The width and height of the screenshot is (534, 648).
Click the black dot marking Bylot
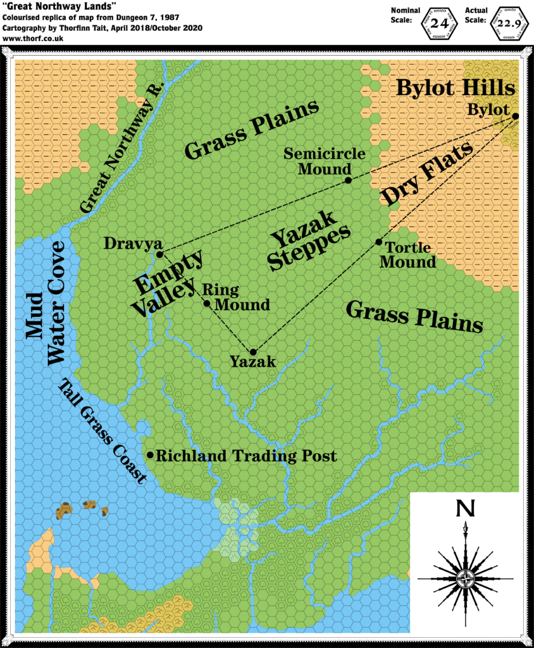click(516, 116)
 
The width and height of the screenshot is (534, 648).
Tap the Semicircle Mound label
click(316, 161)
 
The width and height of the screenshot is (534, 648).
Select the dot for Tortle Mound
click(378, 242)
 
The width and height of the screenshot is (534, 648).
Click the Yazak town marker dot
click(253, 352)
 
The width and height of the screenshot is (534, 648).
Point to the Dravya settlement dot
click(159, 254)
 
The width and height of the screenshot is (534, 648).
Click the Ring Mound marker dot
click(207, 304)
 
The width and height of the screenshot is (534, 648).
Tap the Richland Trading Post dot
click(150, 455)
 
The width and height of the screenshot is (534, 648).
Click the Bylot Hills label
click(456, 88)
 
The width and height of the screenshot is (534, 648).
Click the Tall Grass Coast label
click(101, 431)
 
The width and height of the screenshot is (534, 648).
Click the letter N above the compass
click(466, 508)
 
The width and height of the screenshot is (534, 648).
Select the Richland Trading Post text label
click(246, 456)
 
